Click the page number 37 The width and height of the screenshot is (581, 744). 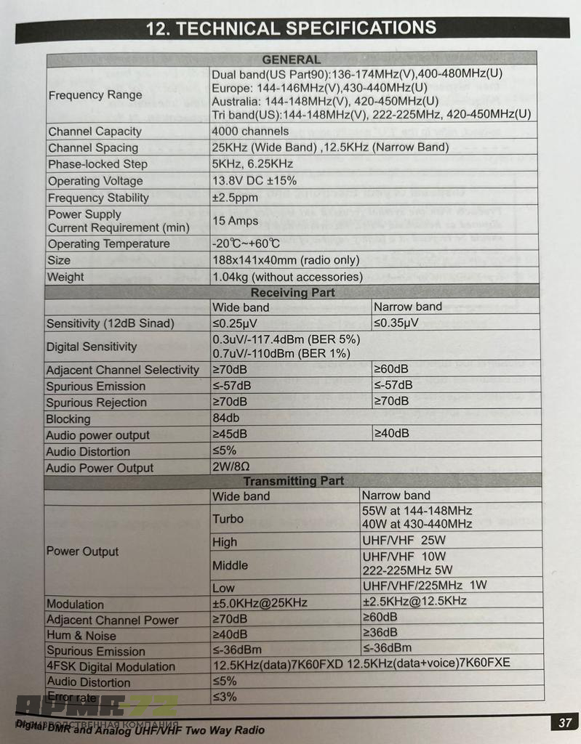564,722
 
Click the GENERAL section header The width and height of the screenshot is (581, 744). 291,60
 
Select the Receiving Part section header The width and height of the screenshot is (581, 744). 292,292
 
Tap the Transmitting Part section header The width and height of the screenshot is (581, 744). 293,481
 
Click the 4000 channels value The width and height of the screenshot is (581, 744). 249,132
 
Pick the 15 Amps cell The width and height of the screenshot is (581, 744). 234,221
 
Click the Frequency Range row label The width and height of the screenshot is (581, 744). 95,95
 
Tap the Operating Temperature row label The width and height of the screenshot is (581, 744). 108,244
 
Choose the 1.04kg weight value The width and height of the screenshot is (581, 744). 287,277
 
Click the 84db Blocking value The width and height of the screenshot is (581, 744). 225,418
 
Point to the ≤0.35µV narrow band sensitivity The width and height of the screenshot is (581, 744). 396,323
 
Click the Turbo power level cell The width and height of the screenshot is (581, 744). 228,519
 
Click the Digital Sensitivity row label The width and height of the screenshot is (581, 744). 92,347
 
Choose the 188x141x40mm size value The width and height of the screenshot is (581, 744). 285,260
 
